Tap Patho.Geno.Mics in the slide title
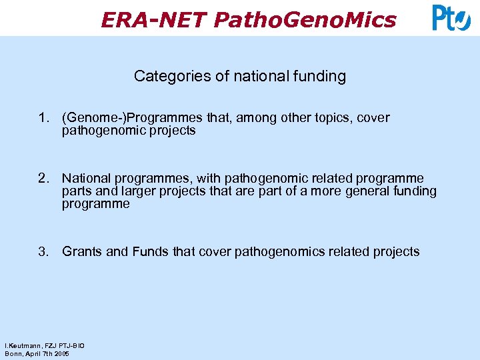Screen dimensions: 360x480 pyautogui.click(x=305, y=20)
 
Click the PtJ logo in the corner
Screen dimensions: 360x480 pyautogui.click(x=451, y=18)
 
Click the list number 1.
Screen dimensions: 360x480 pyautogui.click(x=44, y=118)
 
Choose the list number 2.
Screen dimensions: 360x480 pyautogui.click(x=44, y=178)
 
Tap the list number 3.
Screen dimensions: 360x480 pyautogui.click(x=44, y=251)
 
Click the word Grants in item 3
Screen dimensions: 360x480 pyautogui.click(x=82, y=251)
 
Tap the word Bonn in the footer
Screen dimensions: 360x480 pyautogui.click(x=13, y=353)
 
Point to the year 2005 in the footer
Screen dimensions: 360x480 pyautogui.click(x=61, y=353)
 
